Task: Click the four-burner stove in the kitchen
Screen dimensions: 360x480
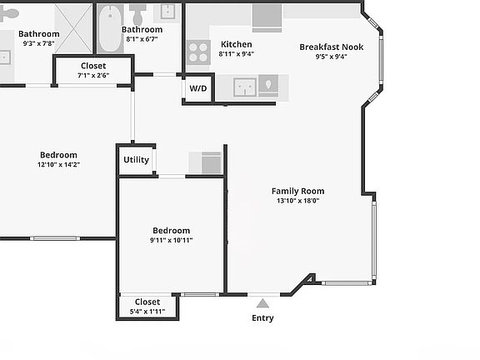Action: tap(197, 52)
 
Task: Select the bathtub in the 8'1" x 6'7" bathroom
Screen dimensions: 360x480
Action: tap(110, 30)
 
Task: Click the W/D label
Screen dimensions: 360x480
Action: tap(197, 88)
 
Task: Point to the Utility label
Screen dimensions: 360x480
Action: tap(136, 159)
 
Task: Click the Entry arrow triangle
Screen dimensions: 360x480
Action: tap(263, 302)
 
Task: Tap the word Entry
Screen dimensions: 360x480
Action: tap(262, 317)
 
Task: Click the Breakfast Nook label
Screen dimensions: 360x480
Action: tap(331, 47)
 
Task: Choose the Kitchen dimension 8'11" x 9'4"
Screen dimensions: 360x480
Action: tap(236, 54)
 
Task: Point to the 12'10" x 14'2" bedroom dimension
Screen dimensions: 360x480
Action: tap(57, 165)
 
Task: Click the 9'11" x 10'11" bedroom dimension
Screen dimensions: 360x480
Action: tap(171, 240)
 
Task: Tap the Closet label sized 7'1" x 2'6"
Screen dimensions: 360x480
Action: tap(93, 66)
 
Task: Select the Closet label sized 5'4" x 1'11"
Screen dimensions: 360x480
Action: tap(147, 302)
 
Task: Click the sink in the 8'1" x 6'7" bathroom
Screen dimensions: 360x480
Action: tap(168, 10)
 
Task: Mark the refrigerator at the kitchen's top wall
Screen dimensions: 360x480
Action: tap(267, 16)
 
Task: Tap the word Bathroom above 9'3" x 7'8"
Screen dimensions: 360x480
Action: tap(39, 34)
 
